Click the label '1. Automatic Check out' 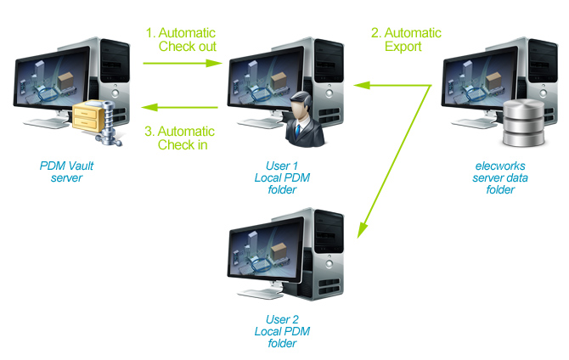click(181, 40)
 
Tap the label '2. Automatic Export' click(406, 40)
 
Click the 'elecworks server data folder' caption click(494, 177)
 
